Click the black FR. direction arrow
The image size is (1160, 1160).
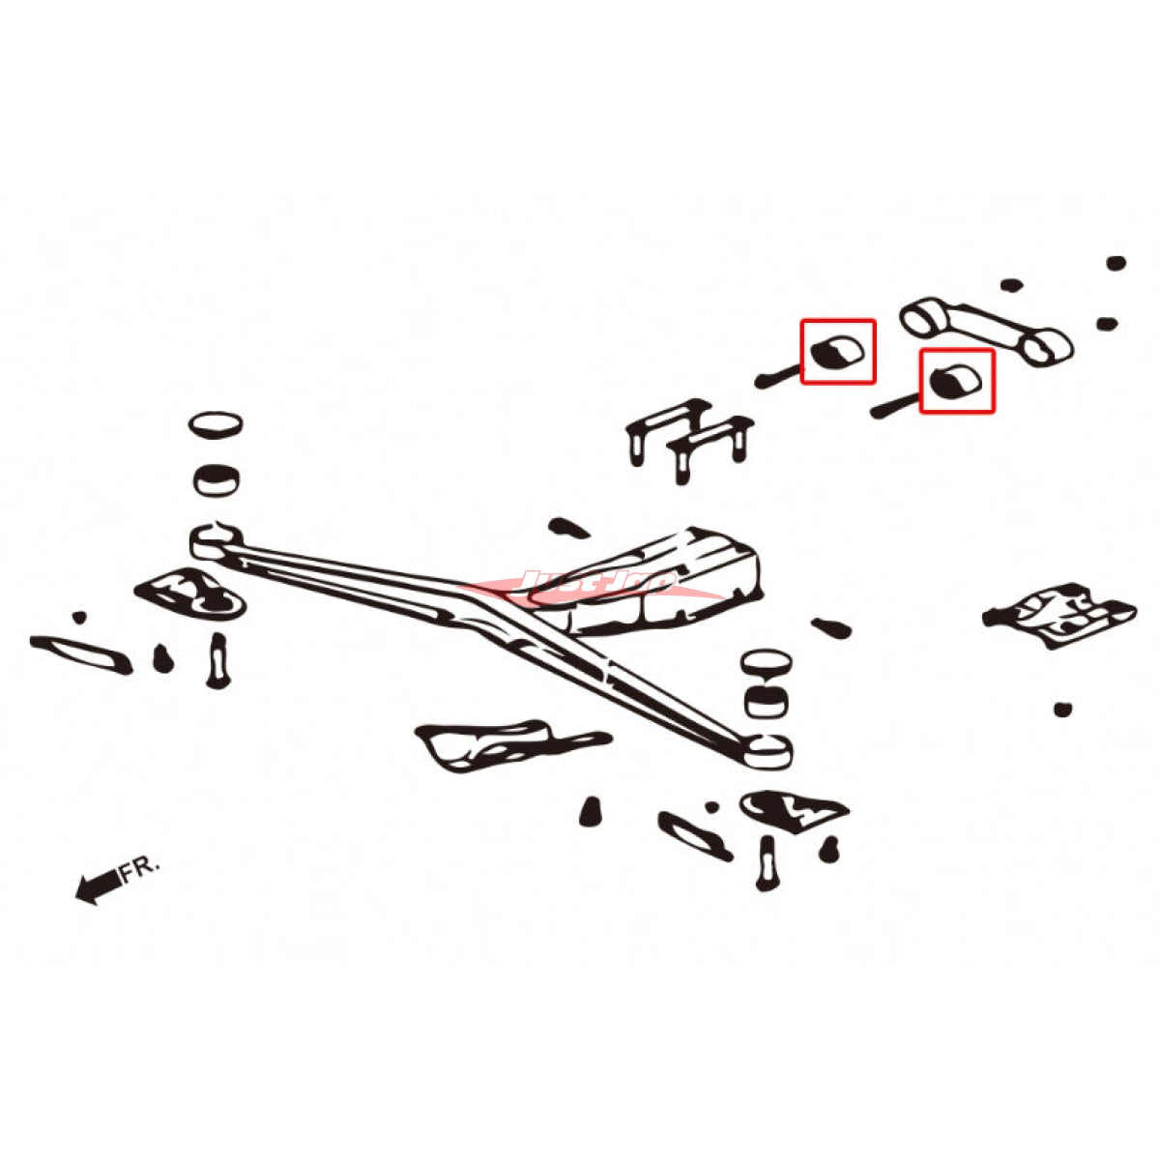pos(95,885)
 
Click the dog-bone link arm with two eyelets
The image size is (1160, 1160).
pos(984,331)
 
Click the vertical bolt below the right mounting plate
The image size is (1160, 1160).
pos(767,862)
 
